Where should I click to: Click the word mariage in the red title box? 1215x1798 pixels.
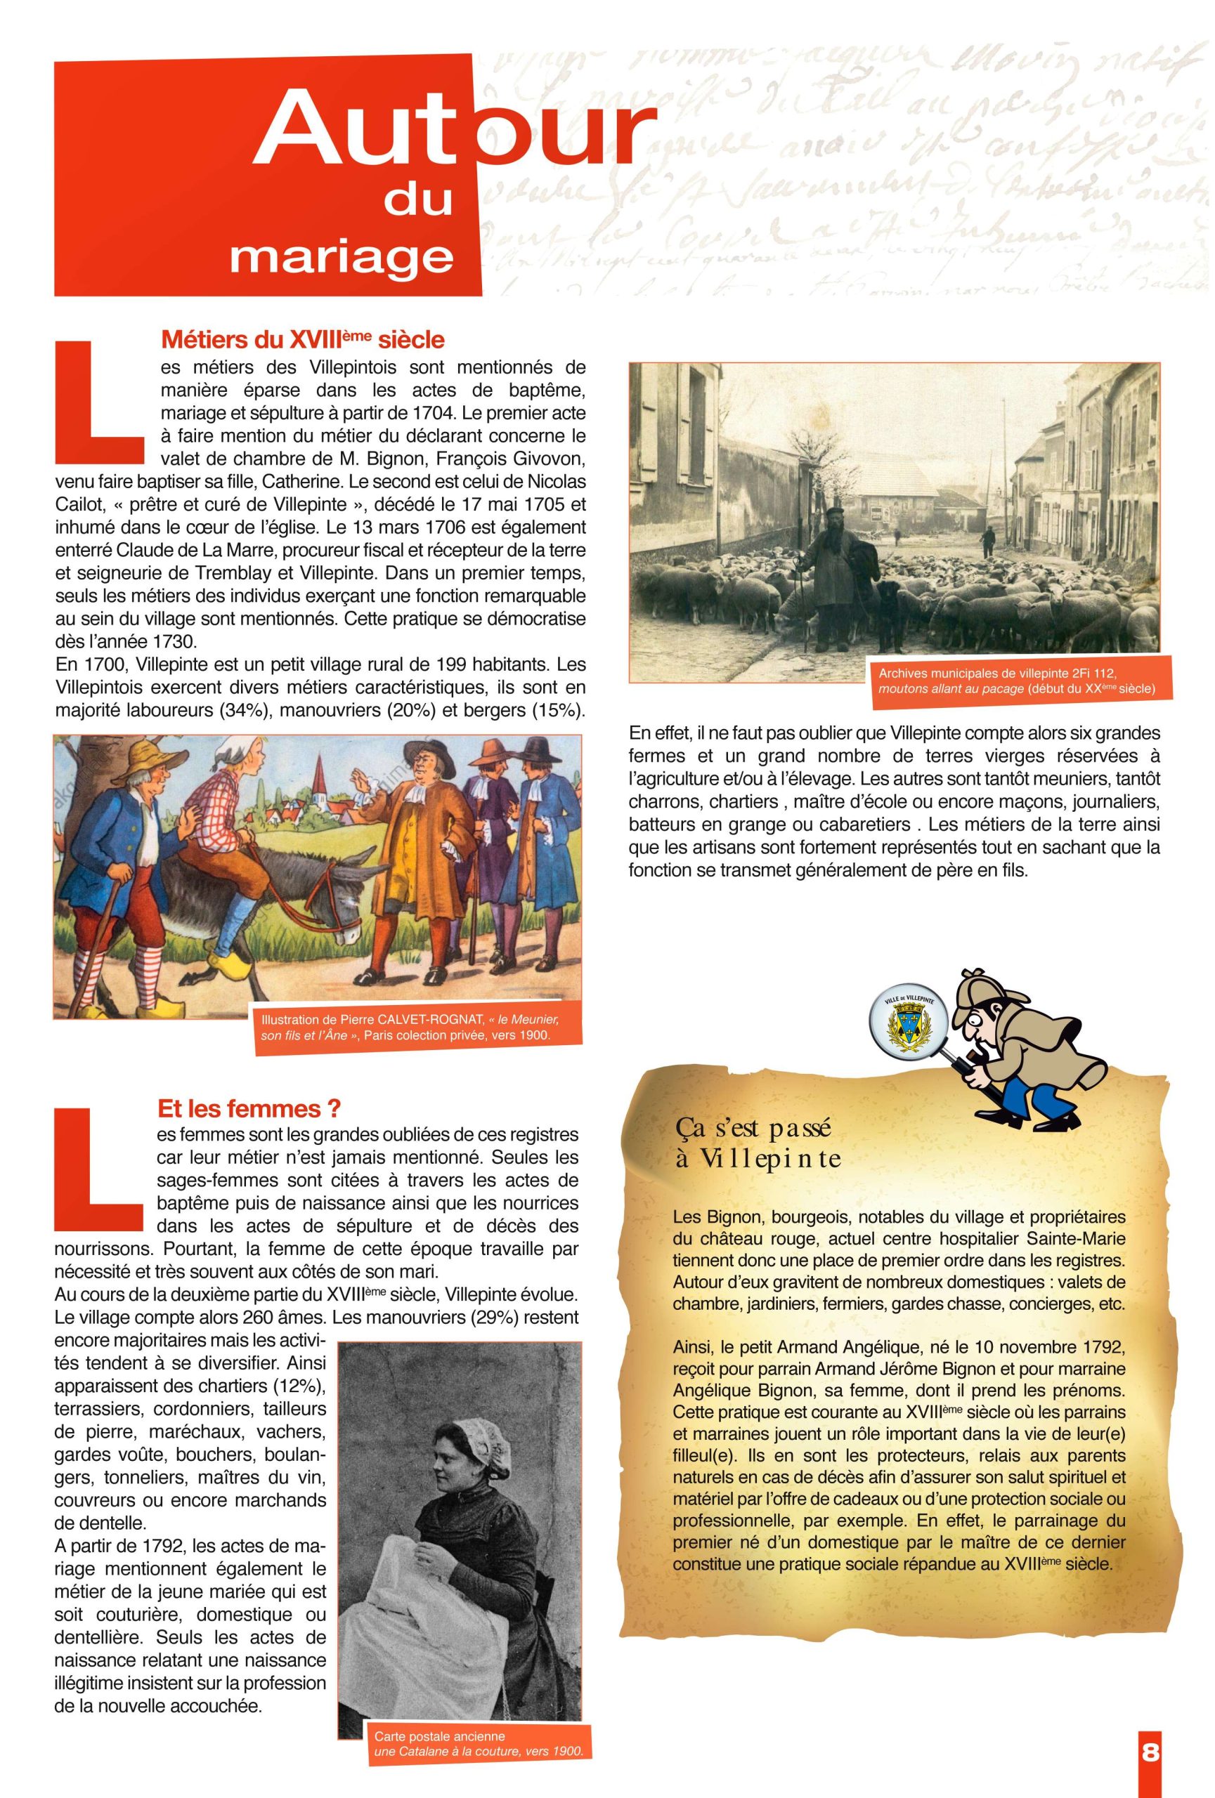click(341, 256)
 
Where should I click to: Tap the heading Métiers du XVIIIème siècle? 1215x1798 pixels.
click(301, 339)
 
